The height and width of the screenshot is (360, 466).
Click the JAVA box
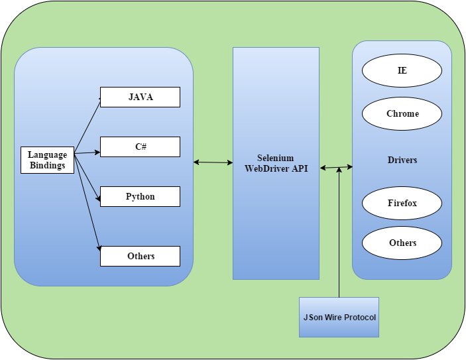140,97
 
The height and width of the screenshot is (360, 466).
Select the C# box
140,147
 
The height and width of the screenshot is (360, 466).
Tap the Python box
140,196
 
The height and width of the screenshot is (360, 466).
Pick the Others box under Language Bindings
140,256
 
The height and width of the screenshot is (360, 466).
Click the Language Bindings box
48,160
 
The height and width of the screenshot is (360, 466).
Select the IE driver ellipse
402,70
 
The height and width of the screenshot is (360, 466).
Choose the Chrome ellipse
402,113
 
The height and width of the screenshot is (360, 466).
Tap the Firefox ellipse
402,203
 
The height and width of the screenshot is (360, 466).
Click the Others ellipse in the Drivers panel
402,243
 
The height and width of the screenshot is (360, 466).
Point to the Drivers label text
402,160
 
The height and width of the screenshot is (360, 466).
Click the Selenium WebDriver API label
276,163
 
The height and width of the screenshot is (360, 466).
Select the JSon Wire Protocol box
339,317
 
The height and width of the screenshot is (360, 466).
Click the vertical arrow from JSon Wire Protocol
339,232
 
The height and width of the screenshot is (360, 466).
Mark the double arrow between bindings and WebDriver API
213,162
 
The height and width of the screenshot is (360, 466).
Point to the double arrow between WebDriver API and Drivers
336,168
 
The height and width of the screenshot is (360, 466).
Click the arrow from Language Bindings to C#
87,153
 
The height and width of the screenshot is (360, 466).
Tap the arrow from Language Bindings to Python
87,176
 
